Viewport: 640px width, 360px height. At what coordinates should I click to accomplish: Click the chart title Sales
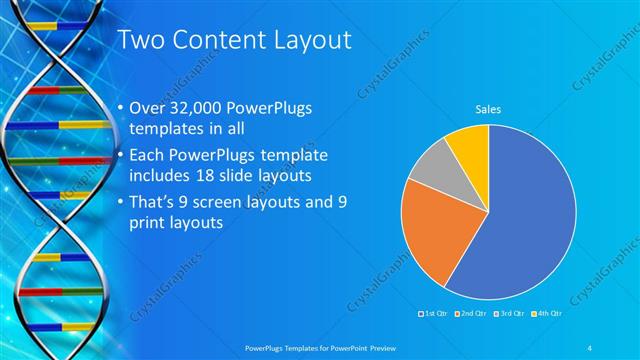487,109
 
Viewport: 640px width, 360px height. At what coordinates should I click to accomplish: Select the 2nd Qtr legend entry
471,314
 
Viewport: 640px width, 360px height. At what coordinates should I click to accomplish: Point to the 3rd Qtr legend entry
509,314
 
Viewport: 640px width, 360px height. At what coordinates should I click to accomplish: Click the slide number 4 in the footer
591,346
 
